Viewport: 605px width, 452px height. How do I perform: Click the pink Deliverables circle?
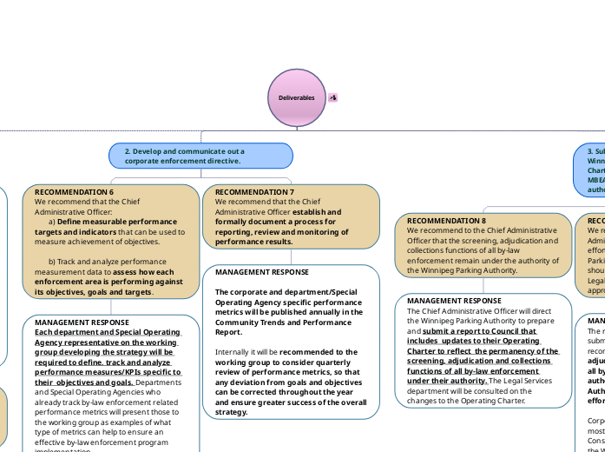(295, 97)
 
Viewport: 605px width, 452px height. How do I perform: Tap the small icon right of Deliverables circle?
(333, 97)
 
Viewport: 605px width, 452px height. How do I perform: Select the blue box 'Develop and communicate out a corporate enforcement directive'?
(201, 156)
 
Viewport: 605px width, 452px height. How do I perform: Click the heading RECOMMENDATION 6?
(74, 191)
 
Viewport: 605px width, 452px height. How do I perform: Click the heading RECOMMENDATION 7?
(254, 191)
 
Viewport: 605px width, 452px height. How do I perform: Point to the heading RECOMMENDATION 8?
(446, 221)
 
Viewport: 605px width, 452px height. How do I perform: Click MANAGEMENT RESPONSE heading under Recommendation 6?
(82, 322)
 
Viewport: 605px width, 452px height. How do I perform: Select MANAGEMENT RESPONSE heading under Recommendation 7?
(261, 272)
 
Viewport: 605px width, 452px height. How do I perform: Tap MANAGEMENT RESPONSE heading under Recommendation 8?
(454, 301)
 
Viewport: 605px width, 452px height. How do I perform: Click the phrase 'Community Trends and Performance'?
(289, 322)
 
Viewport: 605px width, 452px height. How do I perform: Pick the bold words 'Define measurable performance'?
(116, 222)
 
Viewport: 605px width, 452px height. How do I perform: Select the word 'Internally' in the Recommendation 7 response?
(233, 352)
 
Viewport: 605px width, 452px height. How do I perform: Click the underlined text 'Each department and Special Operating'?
(107, 332)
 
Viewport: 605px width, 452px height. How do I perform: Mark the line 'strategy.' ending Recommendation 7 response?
(232, 412)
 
